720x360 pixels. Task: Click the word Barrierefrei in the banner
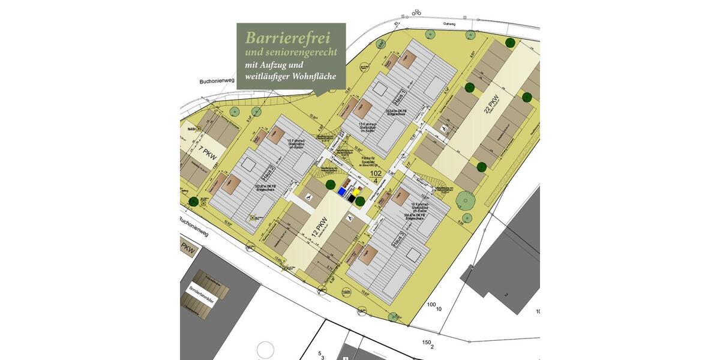[287, 38]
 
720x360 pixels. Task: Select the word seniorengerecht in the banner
[298, 53]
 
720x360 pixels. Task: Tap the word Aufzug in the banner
[279, 65]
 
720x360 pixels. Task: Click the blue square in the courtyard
[342, 191]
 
